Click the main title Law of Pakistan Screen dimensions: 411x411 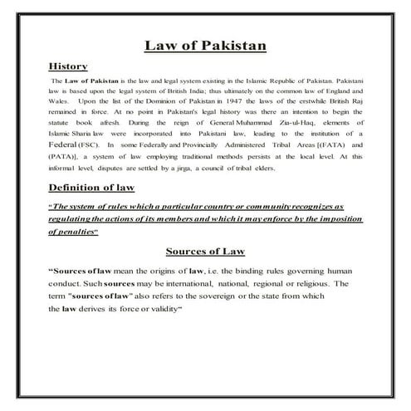click(x=205, y=44)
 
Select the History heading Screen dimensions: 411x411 click(x=69, y=65)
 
